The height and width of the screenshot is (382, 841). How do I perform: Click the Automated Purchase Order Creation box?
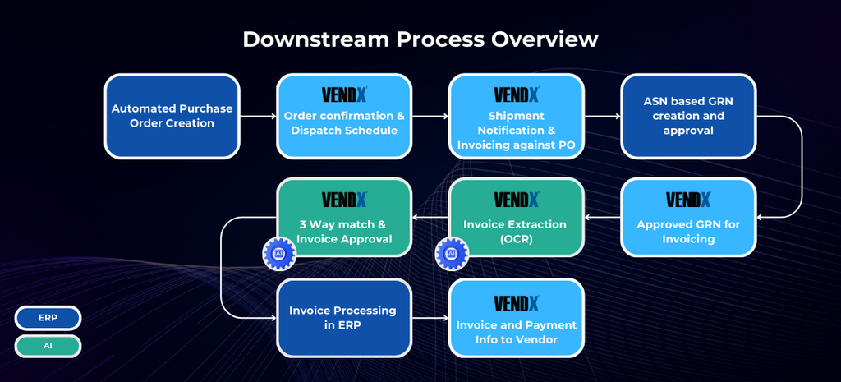click(172, 117)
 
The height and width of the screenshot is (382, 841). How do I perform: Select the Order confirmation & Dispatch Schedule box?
click(344, 117)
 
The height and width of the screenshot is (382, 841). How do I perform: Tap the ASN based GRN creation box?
click(688, 117)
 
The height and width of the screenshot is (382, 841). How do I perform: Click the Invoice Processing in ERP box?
click(344, 318)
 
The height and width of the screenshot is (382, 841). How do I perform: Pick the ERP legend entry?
click(48, 318)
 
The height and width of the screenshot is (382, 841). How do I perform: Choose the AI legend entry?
click(48, 346)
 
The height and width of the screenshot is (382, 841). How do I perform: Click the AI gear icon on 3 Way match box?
click(279, 253)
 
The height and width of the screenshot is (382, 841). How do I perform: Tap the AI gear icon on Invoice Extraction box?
click(452, 253)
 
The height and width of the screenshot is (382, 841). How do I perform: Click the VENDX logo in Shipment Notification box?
click(517, 95)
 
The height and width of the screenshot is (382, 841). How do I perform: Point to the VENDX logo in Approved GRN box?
click(689, 200)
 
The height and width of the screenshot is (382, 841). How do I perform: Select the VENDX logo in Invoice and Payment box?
click(517, 303)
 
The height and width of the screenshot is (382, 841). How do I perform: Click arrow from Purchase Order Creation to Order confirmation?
click(258, 116)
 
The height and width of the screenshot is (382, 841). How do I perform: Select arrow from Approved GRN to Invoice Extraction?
click(602, 218)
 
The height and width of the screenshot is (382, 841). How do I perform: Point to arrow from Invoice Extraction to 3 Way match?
click(430, 218)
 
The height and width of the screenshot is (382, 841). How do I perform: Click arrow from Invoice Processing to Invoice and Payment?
click(430, 318)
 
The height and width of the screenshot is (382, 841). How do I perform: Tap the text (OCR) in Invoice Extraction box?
click(516, 239)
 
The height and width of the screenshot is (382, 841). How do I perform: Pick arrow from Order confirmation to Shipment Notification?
click(430, 116)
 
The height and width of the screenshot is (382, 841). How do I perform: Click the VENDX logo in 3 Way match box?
click(344, 200)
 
